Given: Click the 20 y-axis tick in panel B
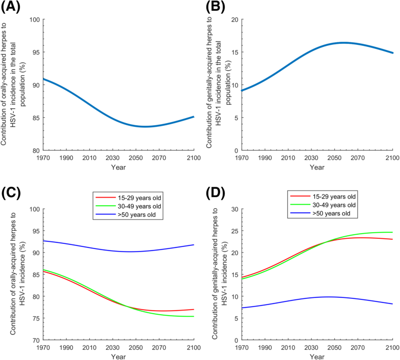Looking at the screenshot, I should coord(233,19).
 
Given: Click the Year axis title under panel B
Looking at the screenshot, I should coord(316,168).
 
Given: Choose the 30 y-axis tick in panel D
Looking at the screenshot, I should coord(233,209).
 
